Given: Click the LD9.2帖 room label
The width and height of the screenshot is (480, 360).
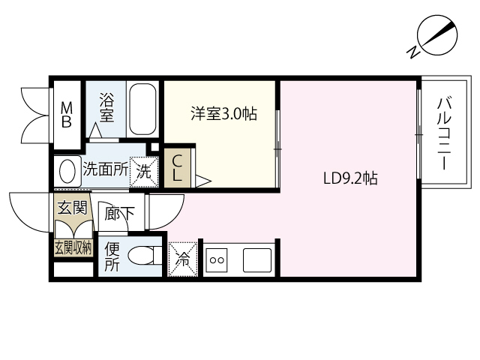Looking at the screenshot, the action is point(350,178).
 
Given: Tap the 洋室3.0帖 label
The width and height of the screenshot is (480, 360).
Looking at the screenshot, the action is point(224,113).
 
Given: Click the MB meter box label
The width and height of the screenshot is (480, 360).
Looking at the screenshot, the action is point(67,115).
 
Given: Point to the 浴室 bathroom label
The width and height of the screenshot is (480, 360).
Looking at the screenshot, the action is point(106,107).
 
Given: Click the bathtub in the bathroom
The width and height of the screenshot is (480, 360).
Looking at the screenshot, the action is point(142,109).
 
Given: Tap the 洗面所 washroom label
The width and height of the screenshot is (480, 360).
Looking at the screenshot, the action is point(106,168).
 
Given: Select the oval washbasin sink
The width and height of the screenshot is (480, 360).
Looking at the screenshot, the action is point(67,172).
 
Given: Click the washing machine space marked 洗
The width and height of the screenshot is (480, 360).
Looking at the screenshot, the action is point(144,172).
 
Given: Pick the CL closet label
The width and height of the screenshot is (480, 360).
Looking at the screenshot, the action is point(177,168).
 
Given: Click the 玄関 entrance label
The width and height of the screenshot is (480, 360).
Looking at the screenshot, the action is point(73,207).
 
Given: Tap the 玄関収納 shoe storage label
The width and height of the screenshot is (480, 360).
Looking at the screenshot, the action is point(73,247).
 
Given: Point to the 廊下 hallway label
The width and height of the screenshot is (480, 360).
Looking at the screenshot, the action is point(119,213).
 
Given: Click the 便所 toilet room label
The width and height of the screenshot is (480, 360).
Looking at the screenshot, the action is point(112,256).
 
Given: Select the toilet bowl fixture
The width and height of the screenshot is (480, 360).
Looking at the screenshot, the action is point(145,256).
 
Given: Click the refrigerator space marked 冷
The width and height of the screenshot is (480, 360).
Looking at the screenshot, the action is point(183,259).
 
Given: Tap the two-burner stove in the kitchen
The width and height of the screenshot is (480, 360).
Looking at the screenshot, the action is point(217,260).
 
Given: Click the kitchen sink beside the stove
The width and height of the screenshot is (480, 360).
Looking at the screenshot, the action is point(257,260).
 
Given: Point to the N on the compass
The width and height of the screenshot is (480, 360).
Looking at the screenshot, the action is point(413,52).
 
